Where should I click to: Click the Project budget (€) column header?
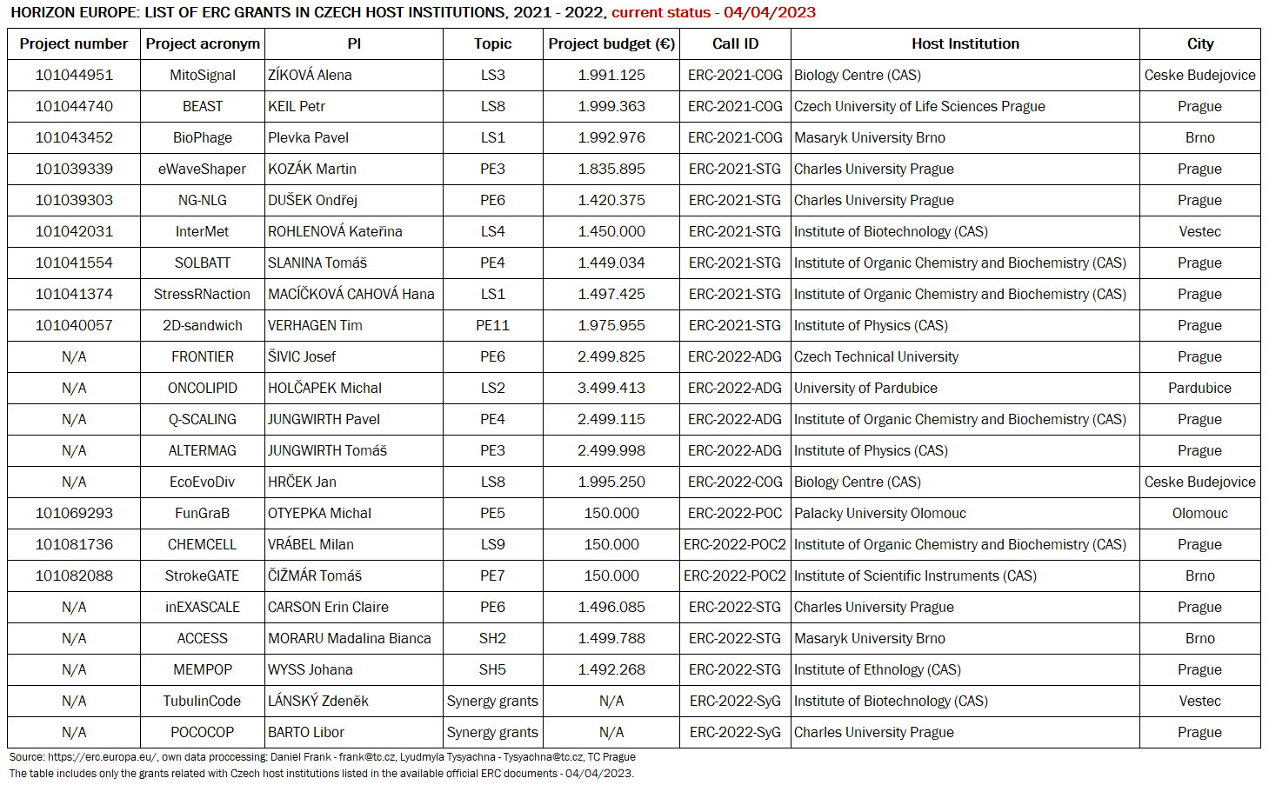point(611,43)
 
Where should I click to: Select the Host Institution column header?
point(965,43)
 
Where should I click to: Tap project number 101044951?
point(74,75)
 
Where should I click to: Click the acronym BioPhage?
point(203,137)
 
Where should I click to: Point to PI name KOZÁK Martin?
point(312,169)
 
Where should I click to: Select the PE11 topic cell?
point(492,325)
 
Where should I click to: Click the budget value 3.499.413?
point(611,388)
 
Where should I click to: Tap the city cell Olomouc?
point(1199,513)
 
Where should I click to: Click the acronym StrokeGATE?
point(203,575)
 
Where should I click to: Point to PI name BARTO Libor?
point(306,732)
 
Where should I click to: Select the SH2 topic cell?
point(492,638)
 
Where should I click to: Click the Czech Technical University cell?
point(876,356)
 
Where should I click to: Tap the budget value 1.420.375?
point(611,200)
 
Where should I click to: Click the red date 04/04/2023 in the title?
point(770,12)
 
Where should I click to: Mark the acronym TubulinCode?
point(203,701)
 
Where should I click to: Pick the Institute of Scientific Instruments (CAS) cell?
point(915,575)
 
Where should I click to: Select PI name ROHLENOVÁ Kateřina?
point(335,231)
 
